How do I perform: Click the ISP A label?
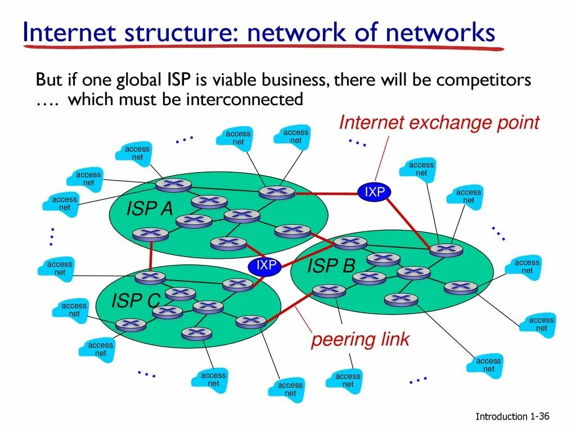(150, 209)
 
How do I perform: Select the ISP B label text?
(331, 266)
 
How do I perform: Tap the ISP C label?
(136, 301)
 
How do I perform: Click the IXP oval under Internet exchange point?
(375, 192)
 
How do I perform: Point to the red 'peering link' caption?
(361, 340)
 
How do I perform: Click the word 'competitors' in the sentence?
(484, 80)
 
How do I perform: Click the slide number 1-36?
(539, 416)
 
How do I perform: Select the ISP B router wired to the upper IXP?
(446, 249)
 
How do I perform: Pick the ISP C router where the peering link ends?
(251, 322)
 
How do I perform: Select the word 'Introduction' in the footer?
(501, 417)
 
